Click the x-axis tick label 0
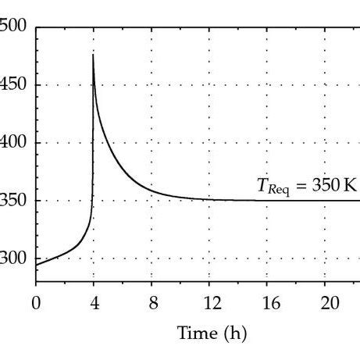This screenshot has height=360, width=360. (36, 301)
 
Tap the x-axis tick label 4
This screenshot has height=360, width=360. (94, 301)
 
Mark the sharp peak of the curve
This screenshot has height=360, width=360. (94, 55)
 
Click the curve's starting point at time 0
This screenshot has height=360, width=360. (36, 265)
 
